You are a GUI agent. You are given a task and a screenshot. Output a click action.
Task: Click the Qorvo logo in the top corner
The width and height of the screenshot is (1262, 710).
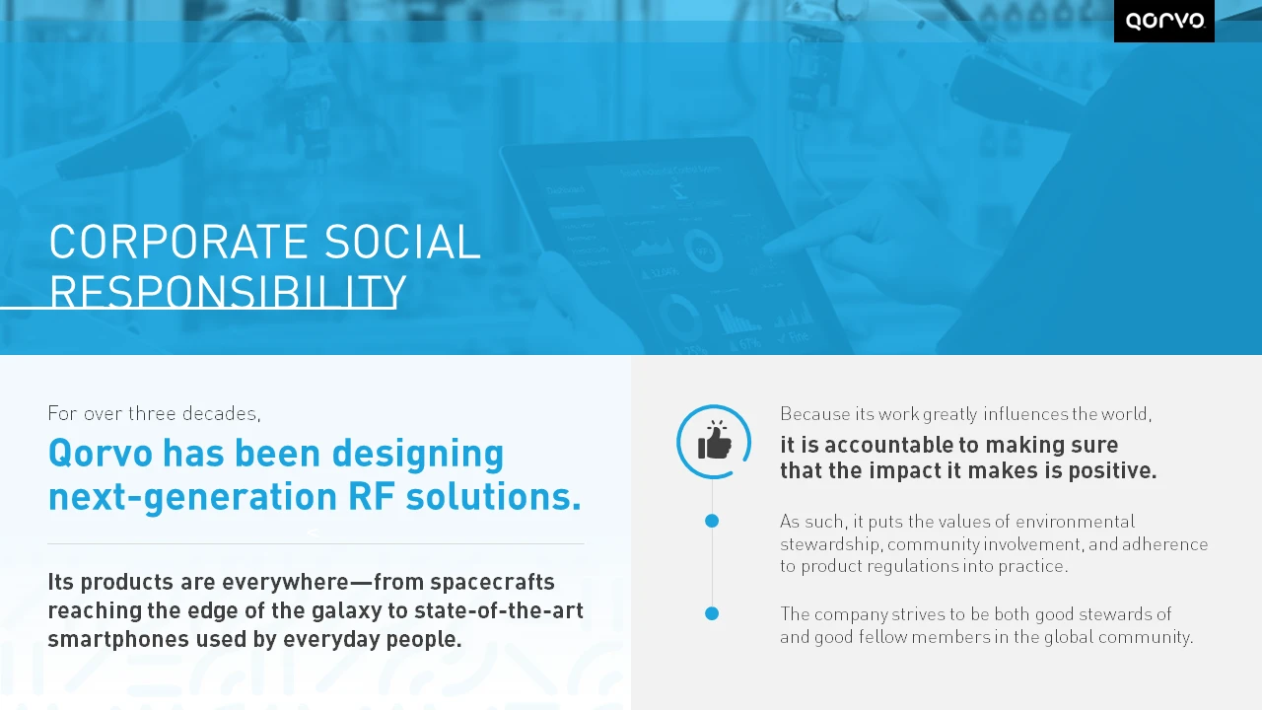(x=1164, y=21)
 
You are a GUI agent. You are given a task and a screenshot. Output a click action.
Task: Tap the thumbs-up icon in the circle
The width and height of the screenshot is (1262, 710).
(x=715, y=440)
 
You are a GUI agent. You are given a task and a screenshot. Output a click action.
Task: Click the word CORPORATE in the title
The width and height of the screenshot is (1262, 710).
(x=178, y=242)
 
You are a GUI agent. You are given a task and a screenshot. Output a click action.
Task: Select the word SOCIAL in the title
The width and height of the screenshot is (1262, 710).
(x=402, y=242)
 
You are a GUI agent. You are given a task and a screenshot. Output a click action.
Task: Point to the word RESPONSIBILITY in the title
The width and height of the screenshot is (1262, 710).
(x=228, y=291)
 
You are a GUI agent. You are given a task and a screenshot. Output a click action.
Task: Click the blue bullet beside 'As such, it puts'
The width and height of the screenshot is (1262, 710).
(x=712, y=522)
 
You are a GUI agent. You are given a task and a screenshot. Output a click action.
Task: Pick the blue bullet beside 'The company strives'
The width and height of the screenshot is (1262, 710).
(x=712, y=613)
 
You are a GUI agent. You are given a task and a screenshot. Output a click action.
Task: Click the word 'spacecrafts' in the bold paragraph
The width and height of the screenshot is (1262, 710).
(x=492, y=582)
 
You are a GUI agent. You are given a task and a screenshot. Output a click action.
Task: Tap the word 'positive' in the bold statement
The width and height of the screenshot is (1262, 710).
(x=1112, y=470)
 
